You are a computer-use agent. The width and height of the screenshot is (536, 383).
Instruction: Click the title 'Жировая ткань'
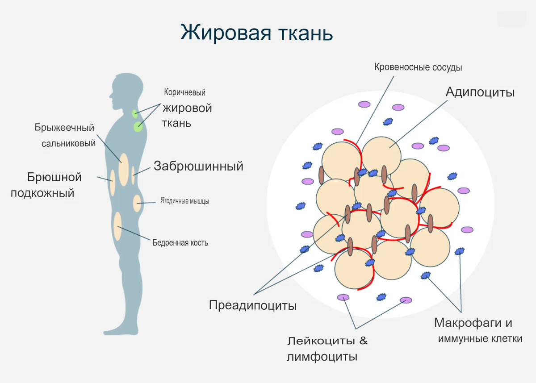point(256,33)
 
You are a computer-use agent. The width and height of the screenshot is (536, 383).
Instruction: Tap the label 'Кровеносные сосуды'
point(418,68)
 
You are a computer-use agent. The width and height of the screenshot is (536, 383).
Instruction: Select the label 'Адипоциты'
point(480,92)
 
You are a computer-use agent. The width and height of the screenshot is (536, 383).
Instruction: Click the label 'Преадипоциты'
point(253,306)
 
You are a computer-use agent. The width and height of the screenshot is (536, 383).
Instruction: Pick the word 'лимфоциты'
point(322,357)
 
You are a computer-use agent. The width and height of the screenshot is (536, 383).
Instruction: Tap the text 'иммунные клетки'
point(480,338)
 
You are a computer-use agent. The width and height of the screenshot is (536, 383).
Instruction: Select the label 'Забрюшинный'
point(198,166)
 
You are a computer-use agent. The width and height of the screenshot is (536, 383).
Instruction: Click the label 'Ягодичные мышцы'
point(184,201)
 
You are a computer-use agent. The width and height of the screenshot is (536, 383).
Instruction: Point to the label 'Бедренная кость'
point(180,243)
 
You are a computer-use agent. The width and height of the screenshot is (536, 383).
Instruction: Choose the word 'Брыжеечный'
point(65,128)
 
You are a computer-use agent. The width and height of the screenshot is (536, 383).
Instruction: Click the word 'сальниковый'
point(68,143)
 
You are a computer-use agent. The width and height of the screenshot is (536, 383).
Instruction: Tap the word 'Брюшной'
point(54,177)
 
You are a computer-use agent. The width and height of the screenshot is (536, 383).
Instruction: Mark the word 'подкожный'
point(42,193)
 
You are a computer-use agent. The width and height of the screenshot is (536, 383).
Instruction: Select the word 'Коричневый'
point(184,93)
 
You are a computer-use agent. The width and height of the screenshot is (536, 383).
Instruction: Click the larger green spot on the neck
point(138,127)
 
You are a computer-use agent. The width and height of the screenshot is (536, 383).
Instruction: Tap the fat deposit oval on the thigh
point(117,226)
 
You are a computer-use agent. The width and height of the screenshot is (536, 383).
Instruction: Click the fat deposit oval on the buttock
point(137,204)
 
